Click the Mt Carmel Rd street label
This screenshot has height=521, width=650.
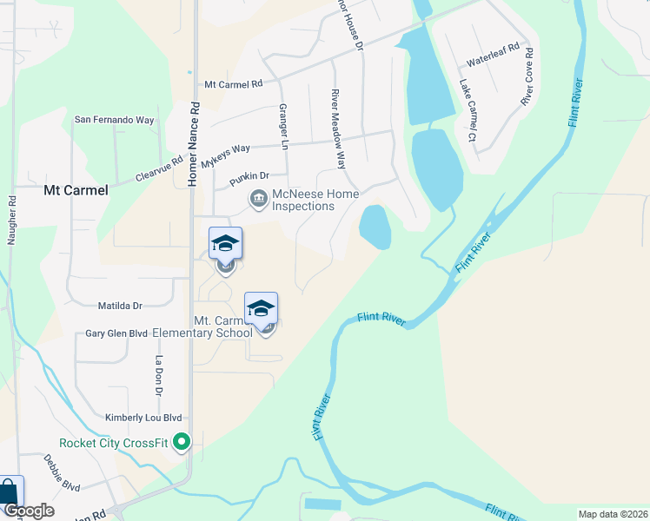233,85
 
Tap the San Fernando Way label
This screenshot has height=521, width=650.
114,120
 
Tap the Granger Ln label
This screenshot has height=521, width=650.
282,125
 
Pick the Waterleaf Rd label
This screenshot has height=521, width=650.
493,55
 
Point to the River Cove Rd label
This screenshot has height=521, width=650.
527,76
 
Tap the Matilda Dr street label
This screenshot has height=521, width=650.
120,306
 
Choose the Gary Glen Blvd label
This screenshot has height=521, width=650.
116,334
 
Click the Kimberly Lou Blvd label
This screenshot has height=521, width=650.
143,418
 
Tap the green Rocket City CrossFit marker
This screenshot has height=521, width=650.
182,444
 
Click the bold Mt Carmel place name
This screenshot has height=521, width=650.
76,190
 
